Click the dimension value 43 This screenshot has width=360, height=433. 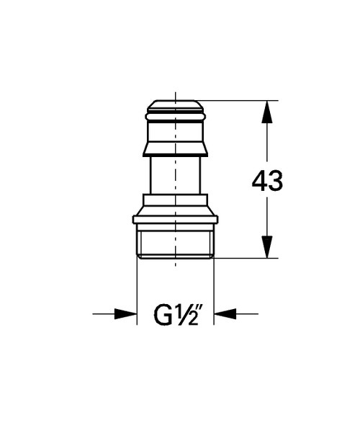tap(267, 181)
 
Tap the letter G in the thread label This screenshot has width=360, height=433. tap(163, 314)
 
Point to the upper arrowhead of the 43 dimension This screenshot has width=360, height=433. tap(267, 110)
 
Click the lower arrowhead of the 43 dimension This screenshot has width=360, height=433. tap(267, 248)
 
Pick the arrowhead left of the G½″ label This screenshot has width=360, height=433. tap(128, 314)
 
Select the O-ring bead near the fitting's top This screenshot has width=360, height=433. tap(176, 115)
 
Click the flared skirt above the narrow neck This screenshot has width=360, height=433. tap(176, 148)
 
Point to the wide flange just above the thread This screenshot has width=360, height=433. tap(176, 217)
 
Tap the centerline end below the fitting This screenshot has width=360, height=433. tap(176, 268)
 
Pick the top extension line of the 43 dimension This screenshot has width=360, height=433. tap(238, 100)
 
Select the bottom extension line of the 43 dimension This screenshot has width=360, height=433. tap(245, 257)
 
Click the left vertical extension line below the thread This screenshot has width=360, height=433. tap(137, 288)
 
